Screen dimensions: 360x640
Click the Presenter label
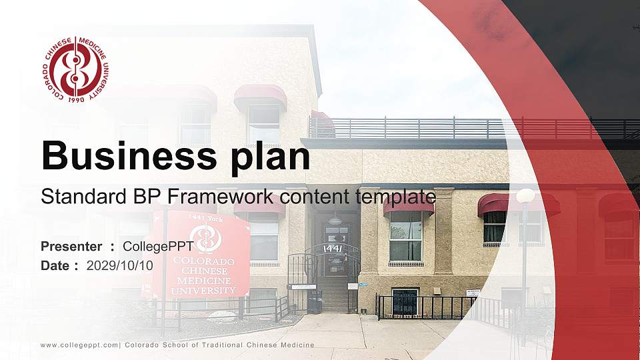[71, 247]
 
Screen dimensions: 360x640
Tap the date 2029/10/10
[120, 265]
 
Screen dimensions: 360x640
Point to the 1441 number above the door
[333, 249]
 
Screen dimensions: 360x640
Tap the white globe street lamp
[525, 196]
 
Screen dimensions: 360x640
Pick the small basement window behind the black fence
[405, 302]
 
